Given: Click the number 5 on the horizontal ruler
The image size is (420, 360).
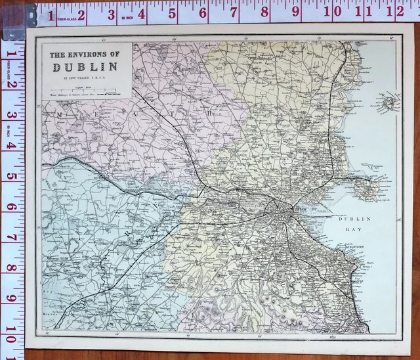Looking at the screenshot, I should (173, 11).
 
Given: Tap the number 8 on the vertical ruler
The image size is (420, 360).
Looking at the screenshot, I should (10, 268).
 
